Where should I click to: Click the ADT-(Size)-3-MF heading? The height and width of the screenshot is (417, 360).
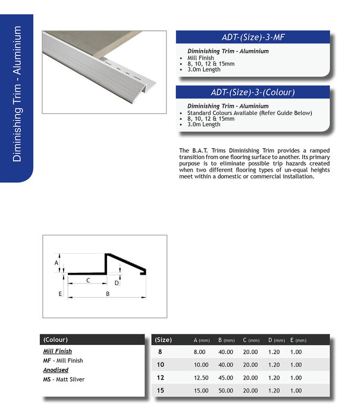pyautogui.click(x=253, y=38)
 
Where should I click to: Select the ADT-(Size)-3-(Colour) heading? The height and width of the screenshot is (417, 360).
pyautogui.click(x=253, y=92)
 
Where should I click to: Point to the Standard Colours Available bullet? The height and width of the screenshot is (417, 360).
pyautogui.click(x=249, y=113)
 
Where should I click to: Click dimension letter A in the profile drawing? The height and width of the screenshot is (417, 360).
pyautogui.click(x=57, y=262)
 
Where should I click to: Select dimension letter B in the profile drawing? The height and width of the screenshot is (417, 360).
pyautogui.click(x=107, y=294)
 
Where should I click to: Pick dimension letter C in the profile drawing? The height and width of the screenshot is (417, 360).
pyautogui.click(x=88, y=279)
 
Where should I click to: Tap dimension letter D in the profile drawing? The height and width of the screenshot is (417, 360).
pyautogui.click(x=117, y=283)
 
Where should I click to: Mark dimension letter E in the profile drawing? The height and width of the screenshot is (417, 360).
pyautogui.click(x=60, y=294)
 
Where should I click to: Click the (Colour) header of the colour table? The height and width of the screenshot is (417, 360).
pyautogui.click(x=55, y=340)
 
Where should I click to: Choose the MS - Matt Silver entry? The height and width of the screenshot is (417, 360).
pyautogui.click(x=64, y=379)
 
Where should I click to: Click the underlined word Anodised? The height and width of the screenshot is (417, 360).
pyautogui.click(x=57, y=370)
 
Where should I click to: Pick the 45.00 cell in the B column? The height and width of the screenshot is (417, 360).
pyautogui.click(x=226, y=377)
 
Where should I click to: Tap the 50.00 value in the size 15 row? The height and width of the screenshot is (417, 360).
pyautogui.click(x=226, y=390)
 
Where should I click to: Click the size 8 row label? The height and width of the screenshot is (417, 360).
pyautogui.click(x=159, y=351)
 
